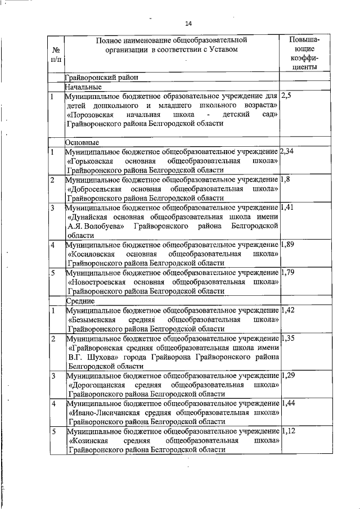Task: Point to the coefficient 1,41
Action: [x=287, y=208]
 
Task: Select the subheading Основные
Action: [x=82, y=142]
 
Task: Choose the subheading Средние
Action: [x=81, y=301]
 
